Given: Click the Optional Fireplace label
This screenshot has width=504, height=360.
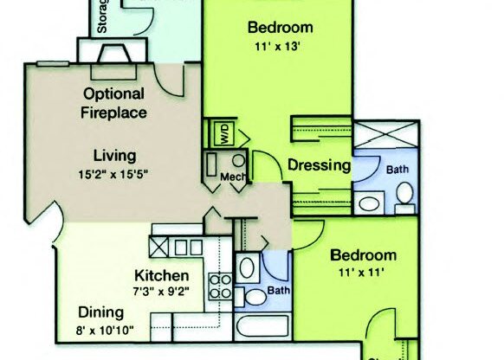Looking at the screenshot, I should point(113,102).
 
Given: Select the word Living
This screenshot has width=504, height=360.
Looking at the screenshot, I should point(115,157).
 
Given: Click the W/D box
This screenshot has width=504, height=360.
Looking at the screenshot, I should point(222,135).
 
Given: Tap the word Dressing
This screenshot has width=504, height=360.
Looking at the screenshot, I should point(318,164).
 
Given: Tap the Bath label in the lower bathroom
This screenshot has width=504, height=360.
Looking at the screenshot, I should point(278,291).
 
